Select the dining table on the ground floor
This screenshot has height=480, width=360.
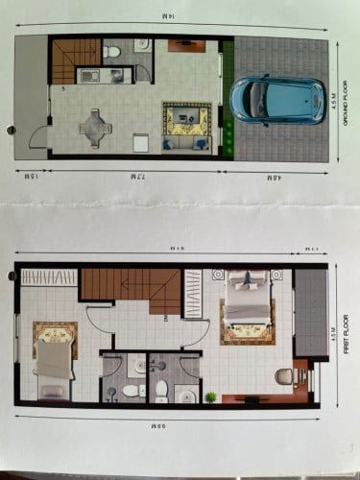pyautogui.click(x=95, y=125)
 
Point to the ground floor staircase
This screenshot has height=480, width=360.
pyautogui.click(x=75, y=60)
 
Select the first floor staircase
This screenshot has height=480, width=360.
pyautogui.click(x=130, y=285)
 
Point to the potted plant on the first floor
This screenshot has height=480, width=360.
pyautogui.click(x=210, y=397)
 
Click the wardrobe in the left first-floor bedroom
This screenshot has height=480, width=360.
pyautogui.click(x=48, y=276)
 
